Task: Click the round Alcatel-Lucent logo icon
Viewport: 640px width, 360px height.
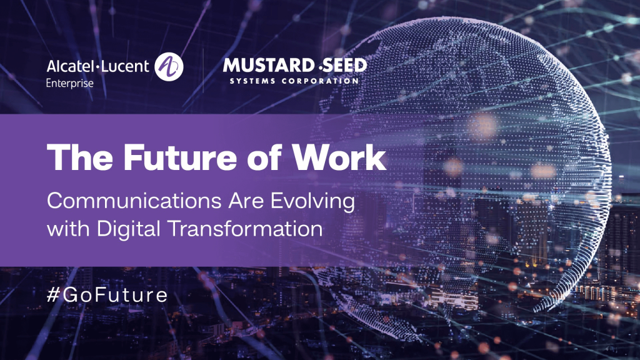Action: click(x=169, y=66)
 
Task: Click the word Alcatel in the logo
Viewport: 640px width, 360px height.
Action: click(x=70, y=66)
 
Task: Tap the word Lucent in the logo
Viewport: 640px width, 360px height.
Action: click(x=125, y=66)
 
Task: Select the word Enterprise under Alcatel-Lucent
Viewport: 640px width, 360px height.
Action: click(x=70, y=83)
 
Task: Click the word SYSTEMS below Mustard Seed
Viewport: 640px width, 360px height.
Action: click(x=252, y=81)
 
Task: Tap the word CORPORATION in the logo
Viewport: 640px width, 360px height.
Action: click(x=320, y=81)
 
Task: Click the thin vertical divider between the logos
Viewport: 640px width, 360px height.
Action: click(x=203, y=71)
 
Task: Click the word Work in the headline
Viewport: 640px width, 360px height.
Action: click(x=339, y=157)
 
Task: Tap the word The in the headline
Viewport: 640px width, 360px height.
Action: click(x=80, y=157)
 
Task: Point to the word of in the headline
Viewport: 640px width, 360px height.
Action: click(x=264, y=156)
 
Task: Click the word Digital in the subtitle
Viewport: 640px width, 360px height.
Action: click(x=129, y=229)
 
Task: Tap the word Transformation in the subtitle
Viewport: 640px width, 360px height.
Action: click(x=246, y=229)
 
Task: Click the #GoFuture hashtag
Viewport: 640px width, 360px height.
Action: click(x=107, y=295)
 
